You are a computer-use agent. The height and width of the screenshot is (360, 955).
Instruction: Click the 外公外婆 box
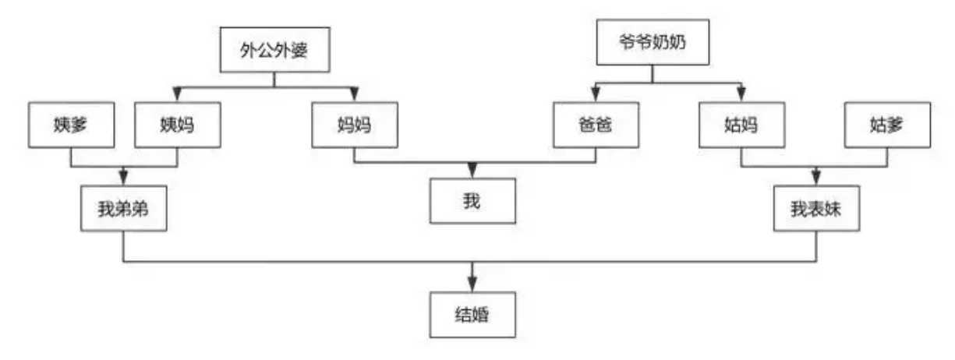[x=274, y=50]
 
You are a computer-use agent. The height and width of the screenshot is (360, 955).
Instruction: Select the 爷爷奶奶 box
[x=653, y=42]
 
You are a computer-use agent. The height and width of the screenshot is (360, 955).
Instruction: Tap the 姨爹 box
[x=71, y=125]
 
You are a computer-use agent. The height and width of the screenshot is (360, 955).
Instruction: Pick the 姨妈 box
[x=178, y=125]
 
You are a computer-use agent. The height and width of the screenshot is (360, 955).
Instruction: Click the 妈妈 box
[x=355, y=125]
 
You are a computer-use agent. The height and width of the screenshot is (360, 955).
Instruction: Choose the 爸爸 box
[x=596, y=125]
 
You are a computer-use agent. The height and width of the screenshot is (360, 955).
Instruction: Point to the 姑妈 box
[x=742, y=125]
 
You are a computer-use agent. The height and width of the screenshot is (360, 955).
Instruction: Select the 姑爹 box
[x=887, y=125]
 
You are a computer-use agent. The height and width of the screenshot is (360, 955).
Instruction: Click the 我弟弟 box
[x=124, y=208]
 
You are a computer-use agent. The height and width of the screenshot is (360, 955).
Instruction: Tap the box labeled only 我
[x=472, y=201]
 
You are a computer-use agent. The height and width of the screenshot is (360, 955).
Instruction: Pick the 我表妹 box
[x=816, y=208]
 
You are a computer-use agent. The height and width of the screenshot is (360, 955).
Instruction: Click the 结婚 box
[x=472, y=314]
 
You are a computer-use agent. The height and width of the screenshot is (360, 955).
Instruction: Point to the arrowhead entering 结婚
[x=472, y=284]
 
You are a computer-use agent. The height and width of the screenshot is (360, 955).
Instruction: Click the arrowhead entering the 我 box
[x=472, y=171]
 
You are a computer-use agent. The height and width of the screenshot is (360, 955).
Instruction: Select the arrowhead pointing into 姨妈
[x=178, y=94]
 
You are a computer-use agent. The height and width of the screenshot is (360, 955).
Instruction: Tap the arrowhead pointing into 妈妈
[x=354, y=94]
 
